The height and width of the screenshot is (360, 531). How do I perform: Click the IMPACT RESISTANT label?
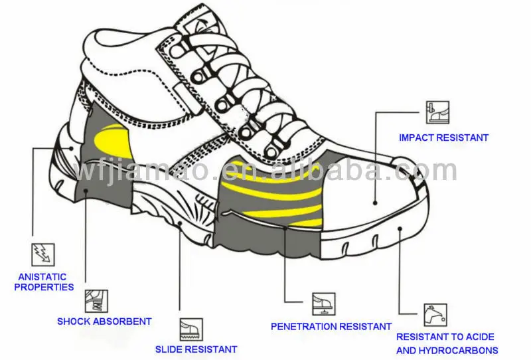click(x=443, y=138)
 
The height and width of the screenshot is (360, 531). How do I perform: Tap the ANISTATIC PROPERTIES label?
click(x=44, y=282)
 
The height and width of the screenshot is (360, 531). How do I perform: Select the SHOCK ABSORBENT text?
click(x=104, y=321)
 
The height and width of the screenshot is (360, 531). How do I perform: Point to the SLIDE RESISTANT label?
click(x=196, y=349)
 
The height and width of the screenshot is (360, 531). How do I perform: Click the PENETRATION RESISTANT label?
click(x=331, y=326)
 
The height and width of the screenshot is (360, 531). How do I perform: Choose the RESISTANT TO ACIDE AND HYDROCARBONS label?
click(x=447, y=343)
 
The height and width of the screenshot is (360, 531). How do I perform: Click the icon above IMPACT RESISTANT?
click(x=437, y=113)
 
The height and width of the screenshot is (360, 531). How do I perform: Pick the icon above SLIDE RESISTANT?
click(x=191, y=329)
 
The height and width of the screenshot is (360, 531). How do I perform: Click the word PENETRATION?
click(x=304, y=326)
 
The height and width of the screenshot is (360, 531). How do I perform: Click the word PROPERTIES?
click(x=44, y=287)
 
